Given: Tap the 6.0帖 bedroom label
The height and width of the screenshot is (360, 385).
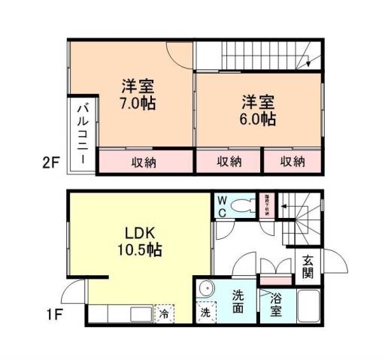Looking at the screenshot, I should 258,110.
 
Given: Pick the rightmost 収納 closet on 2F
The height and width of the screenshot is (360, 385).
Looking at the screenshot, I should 293,162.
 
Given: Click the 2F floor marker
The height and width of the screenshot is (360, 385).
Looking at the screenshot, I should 50,161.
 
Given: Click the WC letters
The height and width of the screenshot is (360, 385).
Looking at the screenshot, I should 223,205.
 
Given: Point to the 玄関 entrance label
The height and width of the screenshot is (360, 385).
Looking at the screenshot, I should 308,267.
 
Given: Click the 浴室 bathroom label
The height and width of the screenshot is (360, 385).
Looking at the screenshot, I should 271,304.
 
